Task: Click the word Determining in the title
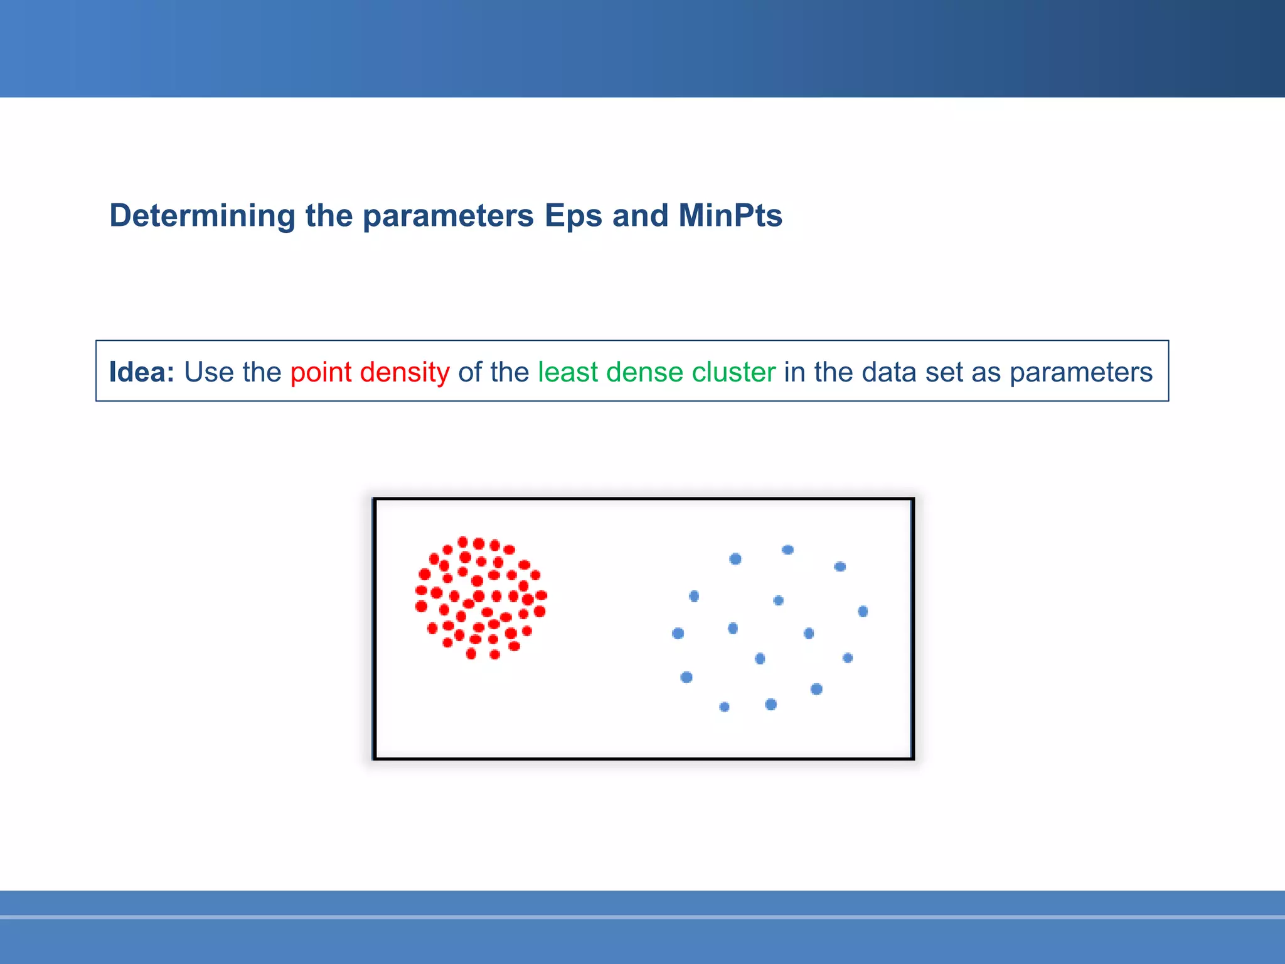pos(202,216)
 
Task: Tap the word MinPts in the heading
pos(730,216)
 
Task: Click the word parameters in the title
pos(448,216)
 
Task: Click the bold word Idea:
pos(142,372)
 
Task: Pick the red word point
pos(321,372)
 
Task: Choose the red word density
pos(405,372)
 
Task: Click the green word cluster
pos(733,372)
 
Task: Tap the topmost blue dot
pos(787,550)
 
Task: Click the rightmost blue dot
pos(863,611)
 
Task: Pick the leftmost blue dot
pos(678,633)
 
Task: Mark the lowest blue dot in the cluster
pos(724,707)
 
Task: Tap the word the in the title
pos(329,216)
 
